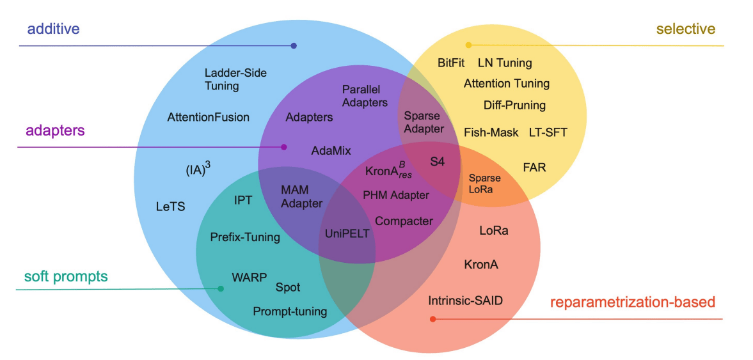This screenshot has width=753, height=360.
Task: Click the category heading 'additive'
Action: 53,29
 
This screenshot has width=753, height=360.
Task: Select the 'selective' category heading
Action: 685,29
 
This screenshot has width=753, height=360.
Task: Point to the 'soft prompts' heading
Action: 65,277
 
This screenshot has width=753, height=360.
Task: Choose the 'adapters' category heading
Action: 55,131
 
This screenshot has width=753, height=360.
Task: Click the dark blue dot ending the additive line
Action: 294,45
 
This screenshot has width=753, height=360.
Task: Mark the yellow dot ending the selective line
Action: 468,45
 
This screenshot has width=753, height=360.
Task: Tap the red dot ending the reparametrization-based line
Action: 432,318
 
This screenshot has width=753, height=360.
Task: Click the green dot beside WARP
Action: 221,289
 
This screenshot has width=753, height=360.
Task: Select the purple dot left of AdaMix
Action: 284,147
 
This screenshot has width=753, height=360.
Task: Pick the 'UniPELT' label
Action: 347,233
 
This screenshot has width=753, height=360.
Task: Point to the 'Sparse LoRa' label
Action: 484,184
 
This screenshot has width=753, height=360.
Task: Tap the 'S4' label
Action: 437,162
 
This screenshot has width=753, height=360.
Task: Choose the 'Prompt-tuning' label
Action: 289,311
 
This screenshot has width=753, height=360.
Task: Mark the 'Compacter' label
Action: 404,221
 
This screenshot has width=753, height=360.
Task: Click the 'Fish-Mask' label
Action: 491,132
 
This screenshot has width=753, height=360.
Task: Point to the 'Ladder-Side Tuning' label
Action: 235,79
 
